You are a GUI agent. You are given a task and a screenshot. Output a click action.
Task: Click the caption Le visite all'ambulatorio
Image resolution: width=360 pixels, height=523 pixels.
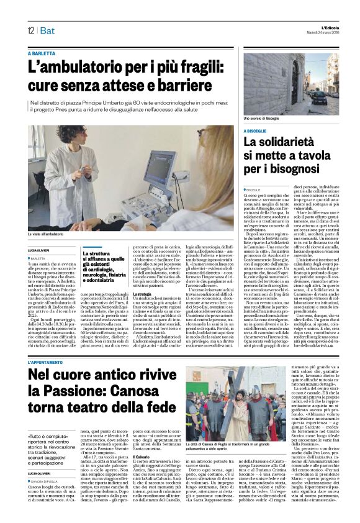[x=45, y=235]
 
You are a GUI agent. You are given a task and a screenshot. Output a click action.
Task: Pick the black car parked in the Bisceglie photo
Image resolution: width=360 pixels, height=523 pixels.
[x=320, y=97]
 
